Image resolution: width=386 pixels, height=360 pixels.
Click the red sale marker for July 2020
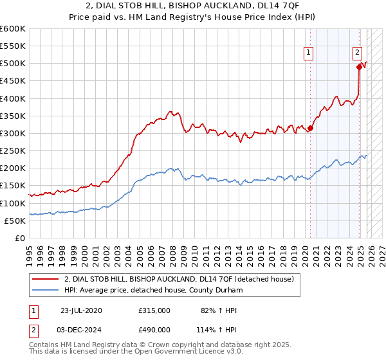pyautogui.click(x=310, y=128)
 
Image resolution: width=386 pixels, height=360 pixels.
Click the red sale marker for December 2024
pyautogui.click(x=359, y=66)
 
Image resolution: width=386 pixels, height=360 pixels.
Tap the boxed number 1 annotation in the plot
pyautogui.click(x=309, y=53)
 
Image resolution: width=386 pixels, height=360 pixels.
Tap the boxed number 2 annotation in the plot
pyautogui.click(x=357, y=53)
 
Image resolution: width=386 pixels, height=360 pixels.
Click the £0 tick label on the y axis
pyautogui.click(x=19, y=238)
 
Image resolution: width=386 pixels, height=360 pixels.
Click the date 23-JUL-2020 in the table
pyautogui.click(x=81, y=310)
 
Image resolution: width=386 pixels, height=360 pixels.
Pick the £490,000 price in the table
pyautogui.click(x=154, y=329)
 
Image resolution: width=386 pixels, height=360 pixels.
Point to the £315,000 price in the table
pyautogui.click(x=154, y=310)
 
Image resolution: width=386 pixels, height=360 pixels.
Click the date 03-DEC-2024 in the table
pyautogui.click(x=81, y=329)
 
